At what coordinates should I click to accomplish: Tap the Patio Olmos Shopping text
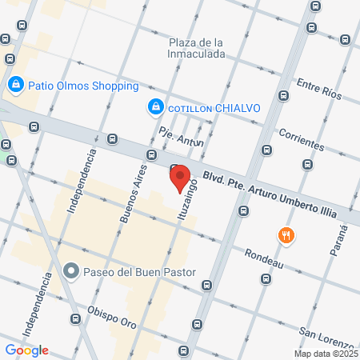click(83, 86)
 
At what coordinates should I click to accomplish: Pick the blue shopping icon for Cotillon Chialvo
click(154, 106)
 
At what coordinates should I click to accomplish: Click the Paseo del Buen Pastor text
click(140, 272)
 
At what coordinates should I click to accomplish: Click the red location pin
click(179, 177)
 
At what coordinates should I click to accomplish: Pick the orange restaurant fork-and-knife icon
click(286, 235)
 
